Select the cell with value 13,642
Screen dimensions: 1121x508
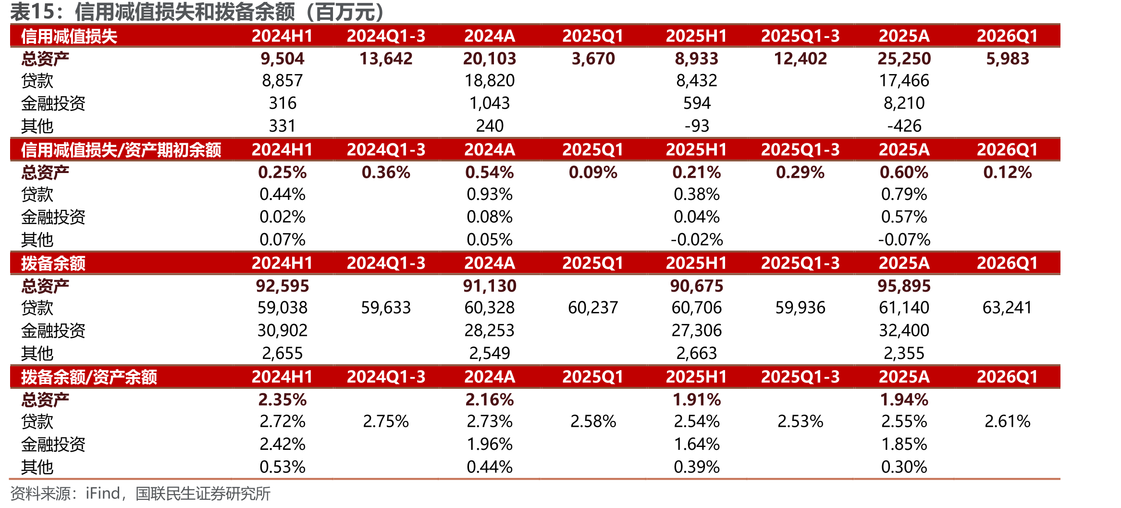[386, 59]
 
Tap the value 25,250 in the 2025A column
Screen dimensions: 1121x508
[904, 59]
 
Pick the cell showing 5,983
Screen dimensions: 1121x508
[1008, 59]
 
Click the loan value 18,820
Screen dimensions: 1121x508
[489, 80]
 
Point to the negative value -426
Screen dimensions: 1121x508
[904, 126]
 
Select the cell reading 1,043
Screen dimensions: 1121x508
[489, 103]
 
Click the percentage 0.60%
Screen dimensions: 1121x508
[904, 172]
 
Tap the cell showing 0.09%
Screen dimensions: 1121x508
[593, 172]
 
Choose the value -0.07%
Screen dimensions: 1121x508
[904, 239]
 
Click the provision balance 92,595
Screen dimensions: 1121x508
[282, 286]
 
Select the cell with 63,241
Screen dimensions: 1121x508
[1008, 308]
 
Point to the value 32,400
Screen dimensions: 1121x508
[904, 330]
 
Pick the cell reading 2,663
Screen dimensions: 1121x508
[697, 353]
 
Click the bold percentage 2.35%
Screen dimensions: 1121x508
[282, 399]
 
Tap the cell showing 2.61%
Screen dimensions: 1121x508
[1008, 421]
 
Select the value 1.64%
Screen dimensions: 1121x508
[697, 444]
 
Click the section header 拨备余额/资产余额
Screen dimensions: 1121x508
[89, 377]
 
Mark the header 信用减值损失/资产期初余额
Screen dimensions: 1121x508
[121, 150]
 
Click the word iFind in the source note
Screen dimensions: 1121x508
[103, 494]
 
